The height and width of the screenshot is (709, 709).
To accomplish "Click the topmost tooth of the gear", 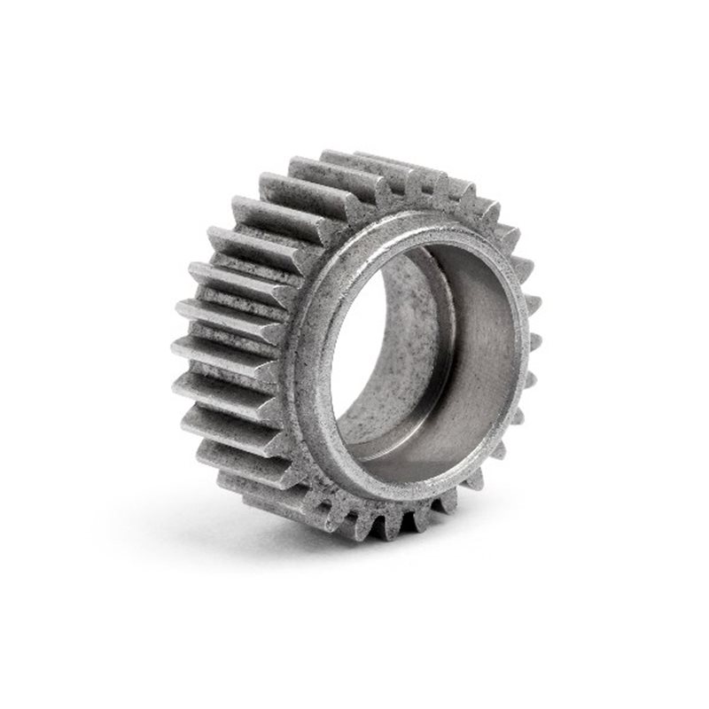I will click(x=354, y=160).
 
